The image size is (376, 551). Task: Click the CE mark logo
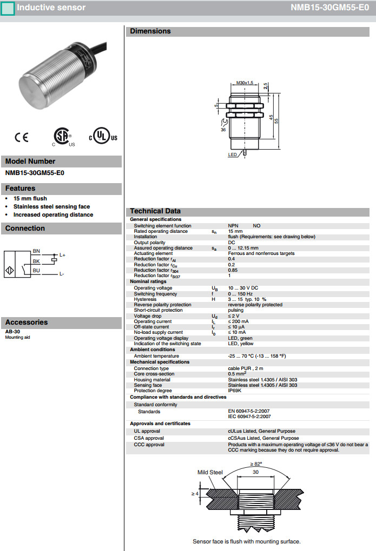(22, 137)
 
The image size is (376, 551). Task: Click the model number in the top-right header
(333, 8)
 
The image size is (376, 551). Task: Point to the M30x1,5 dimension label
(245, 83)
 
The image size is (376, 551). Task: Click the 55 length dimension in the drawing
(276, 121)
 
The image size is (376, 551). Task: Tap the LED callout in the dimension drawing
(233, 154)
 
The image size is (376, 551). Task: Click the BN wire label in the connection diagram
(36, 251)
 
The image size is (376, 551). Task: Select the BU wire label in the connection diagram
(36, 270)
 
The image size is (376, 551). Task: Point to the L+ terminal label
(62, 255)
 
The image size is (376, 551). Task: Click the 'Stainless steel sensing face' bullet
(51, 206)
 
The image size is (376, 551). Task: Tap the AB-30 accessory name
(12, 332)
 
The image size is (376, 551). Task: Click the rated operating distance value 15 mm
(235, 231)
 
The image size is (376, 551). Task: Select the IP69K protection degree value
(235, 391)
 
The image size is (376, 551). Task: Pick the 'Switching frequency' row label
(155, 294)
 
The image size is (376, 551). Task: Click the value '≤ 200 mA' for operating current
(239, 321)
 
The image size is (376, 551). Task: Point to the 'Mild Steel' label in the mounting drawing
(210, 472)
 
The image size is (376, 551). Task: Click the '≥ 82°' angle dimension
(256, 463)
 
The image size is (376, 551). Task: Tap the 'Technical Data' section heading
(155, 211)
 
